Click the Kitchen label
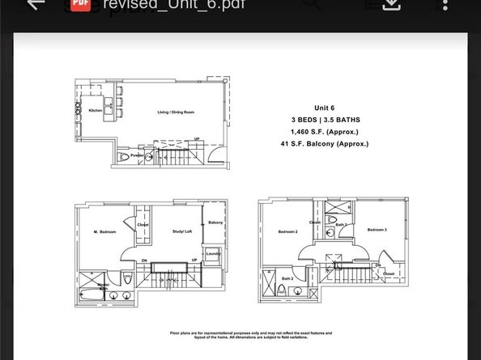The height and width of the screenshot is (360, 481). point(96,110)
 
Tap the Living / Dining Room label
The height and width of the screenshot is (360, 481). point(175,112)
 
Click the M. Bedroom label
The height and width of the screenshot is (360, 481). point(105,232)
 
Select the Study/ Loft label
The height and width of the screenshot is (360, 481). point(181,232)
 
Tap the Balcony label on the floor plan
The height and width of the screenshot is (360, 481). point(215,222)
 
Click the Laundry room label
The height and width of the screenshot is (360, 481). point(213,253)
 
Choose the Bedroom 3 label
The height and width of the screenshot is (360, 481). point(377,230)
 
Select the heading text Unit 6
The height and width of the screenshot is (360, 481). point(325,108)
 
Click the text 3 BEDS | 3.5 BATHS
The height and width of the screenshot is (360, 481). point(325,120)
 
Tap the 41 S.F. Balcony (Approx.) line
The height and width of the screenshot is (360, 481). point(325,144)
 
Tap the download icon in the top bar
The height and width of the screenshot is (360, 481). point(391,4)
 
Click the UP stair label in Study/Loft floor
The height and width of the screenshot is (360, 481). point(195,260)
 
